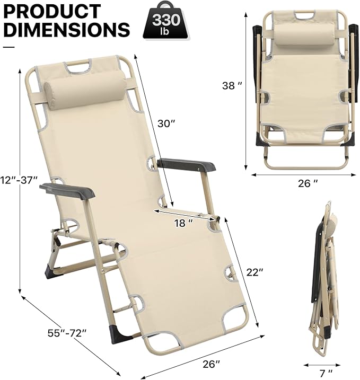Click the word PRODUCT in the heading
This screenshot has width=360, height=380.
52,11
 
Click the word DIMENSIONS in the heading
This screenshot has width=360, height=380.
67,29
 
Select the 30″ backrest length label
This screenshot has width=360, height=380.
166,123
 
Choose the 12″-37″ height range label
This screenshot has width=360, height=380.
19,180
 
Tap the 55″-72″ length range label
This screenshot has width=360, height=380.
67,333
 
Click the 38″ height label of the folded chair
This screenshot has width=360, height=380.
232,85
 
